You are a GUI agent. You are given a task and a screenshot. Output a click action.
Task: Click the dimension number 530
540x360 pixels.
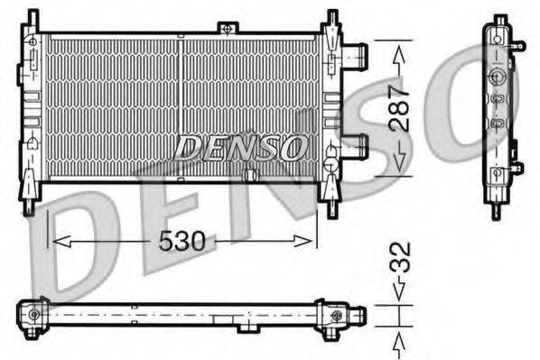click(182, 241)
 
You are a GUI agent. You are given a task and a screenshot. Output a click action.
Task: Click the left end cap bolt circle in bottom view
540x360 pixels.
click(34, 314)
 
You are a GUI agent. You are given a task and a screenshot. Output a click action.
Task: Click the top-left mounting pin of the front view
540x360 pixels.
click(33, 18)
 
